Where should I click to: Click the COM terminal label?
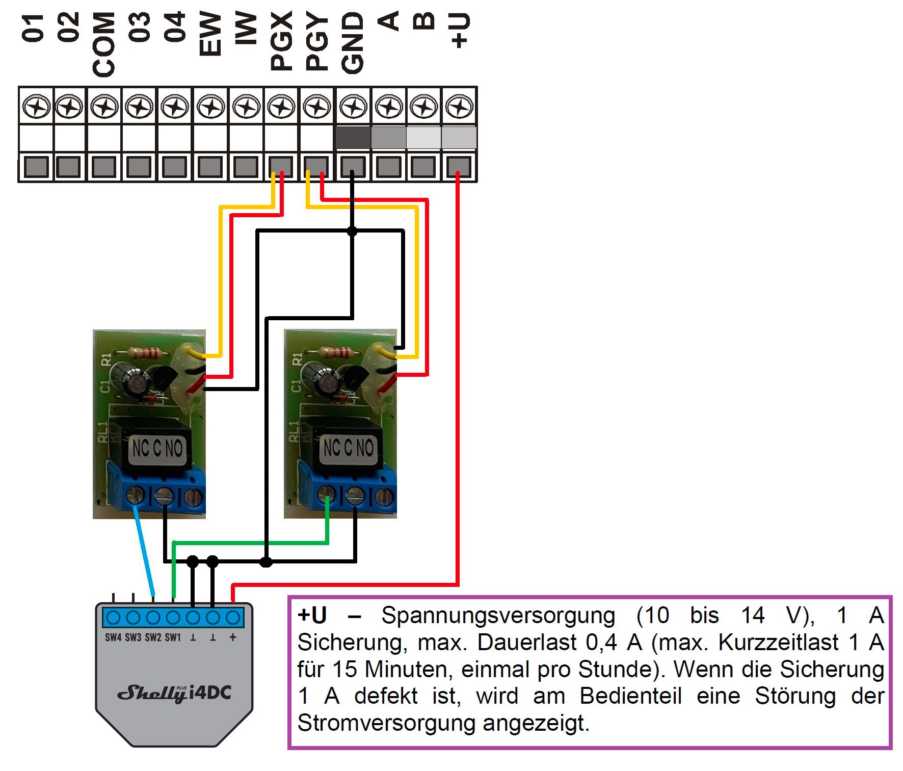[x=104, y=45]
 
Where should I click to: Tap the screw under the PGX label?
[x=281, y=108]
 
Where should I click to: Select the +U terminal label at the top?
[x=459, y=31]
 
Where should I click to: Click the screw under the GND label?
[x=353, y=108]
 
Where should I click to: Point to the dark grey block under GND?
[x=353, y=138]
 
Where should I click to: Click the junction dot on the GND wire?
[x=352, y=231]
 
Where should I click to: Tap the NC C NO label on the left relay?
[x=157, y=449]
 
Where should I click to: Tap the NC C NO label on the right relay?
[x=349, y=448]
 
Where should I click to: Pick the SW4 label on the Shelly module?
[x=113, y=637]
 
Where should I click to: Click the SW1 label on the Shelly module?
[x=173, y=637]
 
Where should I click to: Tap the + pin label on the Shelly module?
[x=233, y=637]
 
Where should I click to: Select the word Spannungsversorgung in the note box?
[x=498, y=615]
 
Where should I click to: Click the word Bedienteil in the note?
[x=630, y=696]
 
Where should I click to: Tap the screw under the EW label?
[x=210, y=108]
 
